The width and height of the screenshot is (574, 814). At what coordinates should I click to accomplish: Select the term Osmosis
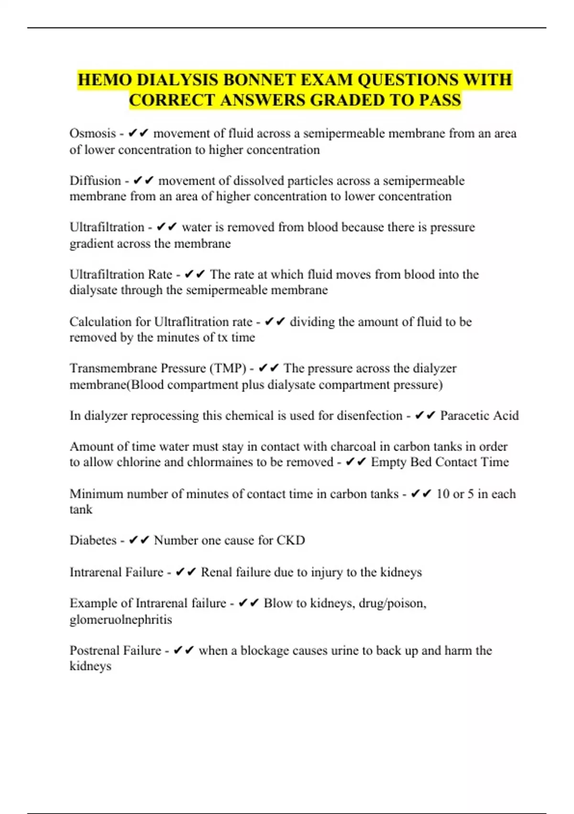(x=93, y=133)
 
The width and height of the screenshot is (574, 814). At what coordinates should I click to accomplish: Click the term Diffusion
(x=95, y=181)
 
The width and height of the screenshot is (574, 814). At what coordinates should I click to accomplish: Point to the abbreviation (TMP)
(x=228, y=368)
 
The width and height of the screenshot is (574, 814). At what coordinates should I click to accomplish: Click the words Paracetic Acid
(x=479, y=415)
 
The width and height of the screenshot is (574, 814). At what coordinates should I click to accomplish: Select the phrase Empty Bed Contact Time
(x=440, y=462)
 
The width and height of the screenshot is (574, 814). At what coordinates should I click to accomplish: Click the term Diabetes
(x=93, y=540)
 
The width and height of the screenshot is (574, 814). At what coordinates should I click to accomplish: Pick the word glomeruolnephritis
(x=121, y=619)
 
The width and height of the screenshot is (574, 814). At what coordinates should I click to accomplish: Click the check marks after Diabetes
(x=139, y=540)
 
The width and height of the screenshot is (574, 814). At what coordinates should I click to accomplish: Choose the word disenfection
(x=369, y=415)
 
